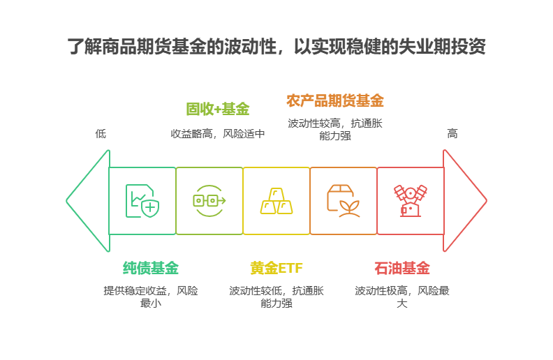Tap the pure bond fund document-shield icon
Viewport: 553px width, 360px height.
pyautogui.click(x=142, y=201)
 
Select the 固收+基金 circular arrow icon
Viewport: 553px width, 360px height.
pyautogui.click(x=209, y=201)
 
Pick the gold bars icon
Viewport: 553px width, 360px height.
pyautogui.click(x=276, y=201)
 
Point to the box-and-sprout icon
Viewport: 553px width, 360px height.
pyautogui.click(x=343, y=201)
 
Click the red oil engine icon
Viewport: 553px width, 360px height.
pyautogui.click(x=410, y=201)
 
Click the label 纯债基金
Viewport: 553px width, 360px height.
pyautogui.click(x=151, y=268)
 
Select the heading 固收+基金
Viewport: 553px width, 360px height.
pyautogui.click(x=218, y=109)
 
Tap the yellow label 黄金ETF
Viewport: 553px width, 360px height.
pyautogui.click(x=276, y=268)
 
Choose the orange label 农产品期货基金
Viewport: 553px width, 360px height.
pyautogui.click(x=335, y=100)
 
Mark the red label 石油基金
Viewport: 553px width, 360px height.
pyautogui.click(x=402, y=268)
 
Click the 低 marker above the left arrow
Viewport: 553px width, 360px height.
pyautogui.click(x=101, y=133)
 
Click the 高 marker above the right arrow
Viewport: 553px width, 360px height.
pyautogui.click(x=452, y=133)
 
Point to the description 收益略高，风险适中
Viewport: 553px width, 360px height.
pyautogui.click(x=218, y=133)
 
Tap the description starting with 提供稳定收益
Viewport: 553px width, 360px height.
pyautogui.click(x=151, y=297)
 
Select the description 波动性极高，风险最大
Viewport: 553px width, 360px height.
pyautogui.click(x=402, y=297)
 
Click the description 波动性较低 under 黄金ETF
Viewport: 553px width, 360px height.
pyautogui.click(x=276, y=297)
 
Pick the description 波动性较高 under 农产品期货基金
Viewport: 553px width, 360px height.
pyautogui.click(x=335, y=129)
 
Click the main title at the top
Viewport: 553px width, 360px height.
pyautogui.click(x=276, y=47)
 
